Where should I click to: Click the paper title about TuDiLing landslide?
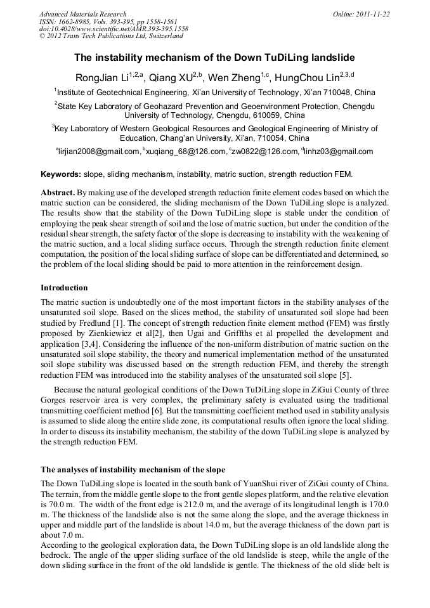214,58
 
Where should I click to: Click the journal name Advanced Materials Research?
82,14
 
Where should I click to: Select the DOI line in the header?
114,29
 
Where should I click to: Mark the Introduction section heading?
65,287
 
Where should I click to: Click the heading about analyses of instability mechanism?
133,470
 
